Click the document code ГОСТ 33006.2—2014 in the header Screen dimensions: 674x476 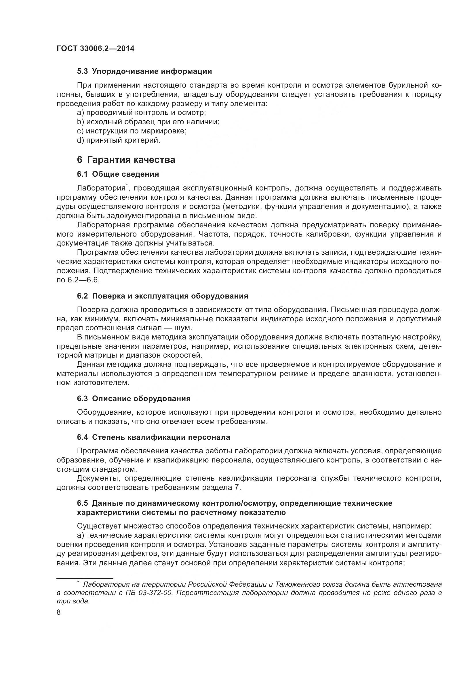[96, 49]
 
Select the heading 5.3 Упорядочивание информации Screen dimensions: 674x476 [144, 71]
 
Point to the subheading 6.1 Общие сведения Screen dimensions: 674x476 [118, 174]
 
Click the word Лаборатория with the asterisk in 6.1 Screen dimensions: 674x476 [101, 188]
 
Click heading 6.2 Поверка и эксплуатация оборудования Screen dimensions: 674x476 [162, 296]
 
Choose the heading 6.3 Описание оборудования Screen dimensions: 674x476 [134, 399]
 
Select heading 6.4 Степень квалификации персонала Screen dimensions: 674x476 [153, 437]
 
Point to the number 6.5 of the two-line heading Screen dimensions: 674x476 [82, 503]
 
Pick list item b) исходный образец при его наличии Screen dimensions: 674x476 [148, 122]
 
